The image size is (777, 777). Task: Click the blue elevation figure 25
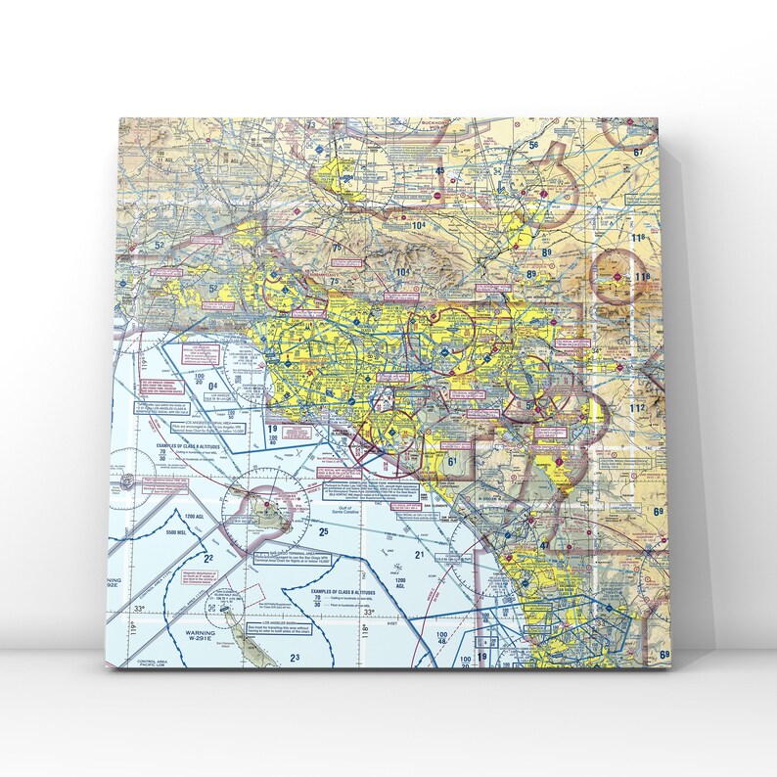click(x=323, y=531)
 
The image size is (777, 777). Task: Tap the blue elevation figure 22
click(x=207, y=558)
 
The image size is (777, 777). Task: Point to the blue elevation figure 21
click(x=419, y=555)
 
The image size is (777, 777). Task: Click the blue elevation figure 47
click(x=544, y=544)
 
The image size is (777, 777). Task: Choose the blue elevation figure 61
click(x=452, y=461)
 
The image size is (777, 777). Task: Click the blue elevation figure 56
click(x=533, y=146)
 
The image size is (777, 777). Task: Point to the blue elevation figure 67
click(x=639, y=152)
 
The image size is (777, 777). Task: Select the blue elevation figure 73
click(x=312, y=125)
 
